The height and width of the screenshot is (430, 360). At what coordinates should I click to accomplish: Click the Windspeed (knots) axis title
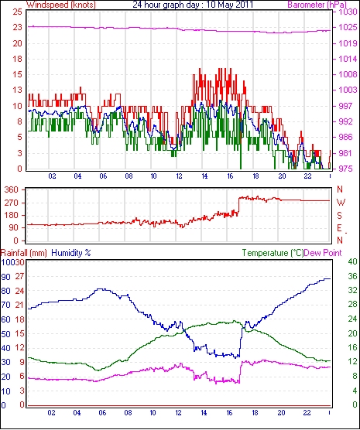61,5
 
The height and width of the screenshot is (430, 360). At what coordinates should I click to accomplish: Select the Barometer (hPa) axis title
317,5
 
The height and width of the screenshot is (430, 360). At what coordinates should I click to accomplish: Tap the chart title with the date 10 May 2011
193,5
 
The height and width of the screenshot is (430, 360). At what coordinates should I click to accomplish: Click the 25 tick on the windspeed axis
17,12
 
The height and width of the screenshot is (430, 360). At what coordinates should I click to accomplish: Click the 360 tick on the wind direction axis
12,189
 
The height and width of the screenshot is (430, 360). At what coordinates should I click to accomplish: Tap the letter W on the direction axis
341,203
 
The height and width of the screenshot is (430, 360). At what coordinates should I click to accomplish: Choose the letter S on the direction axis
340,216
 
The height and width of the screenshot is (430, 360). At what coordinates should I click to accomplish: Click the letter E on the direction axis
340,228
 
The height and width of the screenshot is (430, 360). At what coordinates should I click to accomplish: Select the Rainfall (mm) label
24,253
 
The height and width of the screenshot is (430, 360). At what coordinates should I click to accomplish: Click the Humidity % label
71,253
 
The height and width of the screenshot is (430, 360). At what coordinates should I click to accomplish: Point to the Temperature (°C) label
273,253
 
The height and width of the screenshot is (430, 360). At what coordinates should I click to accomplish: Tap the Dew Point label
323,253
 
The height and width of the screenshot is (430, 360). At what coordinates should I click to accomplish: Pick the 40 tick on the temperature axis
352,261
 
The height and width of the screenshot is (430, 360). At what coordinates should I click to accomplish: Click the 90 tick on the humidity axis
5,277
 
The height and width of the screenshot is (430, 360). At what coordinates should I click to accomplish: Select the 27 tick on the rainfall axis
19,276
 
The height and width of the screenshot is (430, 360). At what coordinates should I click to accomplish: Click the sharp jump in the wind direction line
239,206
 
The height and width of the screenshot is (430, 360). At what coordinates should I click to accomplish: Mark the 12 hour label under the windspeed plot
179,176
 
